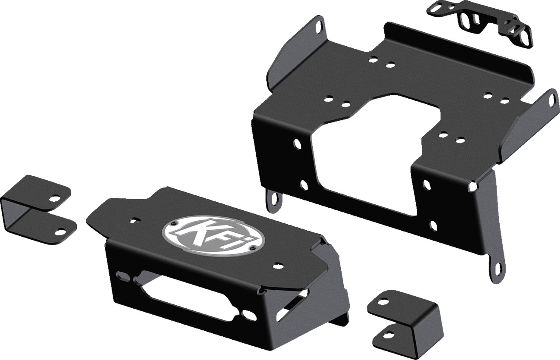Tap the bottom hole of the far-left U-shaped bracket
tap(61, 232)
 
